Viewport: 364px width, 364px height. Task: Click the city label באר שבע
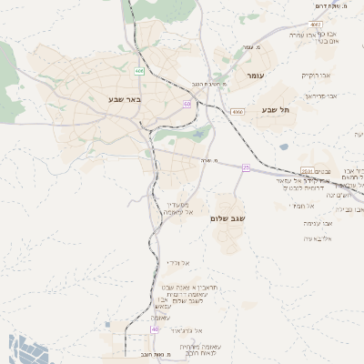click(122, 97)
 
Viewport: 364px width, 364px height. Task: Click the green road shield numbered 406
click(139, 70)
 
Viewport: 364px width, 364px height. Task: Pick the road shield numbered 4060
click(238, 111)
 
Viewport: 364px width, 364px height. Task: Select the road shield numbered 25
click(246, 167)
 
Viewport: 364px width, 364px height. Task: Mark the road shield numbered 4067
click(315, 25)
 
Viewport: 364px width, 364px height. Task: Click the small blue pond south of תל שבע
click(284, 147)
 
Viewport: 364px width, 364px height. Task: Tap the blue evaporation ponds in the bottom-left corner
click(22, 350)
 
